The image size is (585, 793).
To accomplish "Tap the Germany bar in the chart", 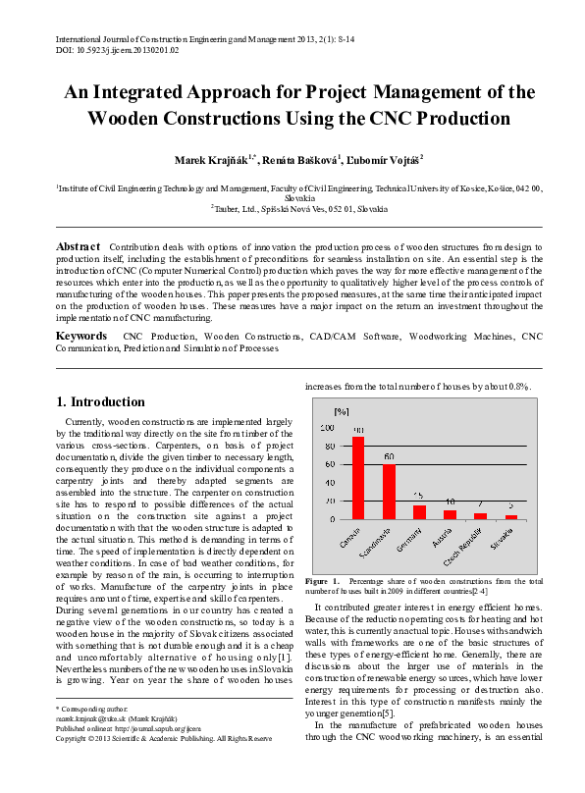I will (x=419, y=511).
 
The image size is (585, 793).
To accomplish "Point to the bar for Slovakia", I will (x=510, y=516).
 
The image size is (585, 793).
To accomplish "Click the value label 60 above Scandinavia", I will (x=390, y=457).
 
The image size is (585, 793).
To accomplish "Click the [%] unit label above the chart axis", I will (x=342, y=410).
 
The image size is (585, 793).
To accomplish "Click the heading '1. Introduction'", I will (x=100, y=401).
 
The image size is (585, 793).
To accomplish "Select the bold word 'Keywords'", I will (x=81, y=336).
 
